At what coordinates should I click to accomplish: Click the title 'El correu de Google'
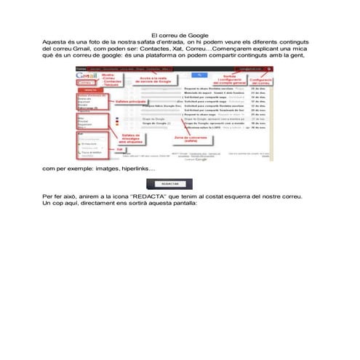click(180, 35)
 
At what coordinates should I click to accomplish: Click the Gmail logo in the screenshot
click(86, 75)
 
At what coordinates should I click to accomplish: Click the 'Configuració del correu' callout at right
click(260, 79)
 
